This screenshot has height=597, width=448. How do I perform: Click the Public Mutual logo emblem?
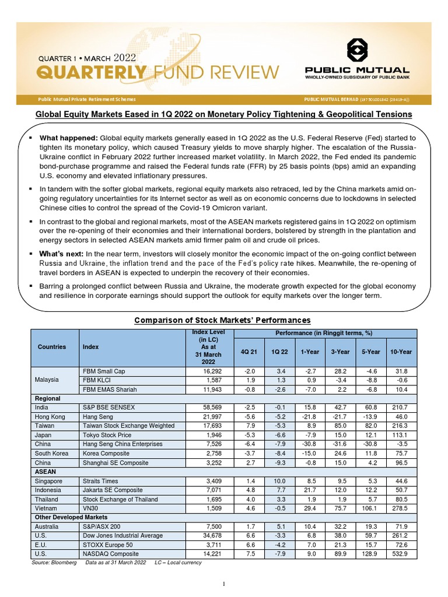pos(356,50)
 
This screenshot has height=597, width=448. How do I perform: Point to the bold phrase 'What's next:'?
pos(62,254)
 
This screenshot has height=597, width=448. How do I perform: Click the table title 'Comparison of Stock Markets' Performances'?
pos(222,320)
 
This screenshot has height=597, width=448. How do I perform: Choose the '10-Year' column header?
pos(401,352)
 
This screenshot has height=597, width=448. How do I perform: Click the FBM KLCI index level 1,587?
pos(211,380)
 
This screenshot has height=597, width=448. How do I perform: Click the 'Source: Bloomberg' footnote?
pos(54,563)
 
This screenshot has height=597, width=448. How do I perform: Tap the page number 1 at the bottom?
pos(224,584)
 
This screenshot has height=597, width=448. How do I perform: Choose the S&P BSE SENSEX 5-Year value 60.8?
pos(370,407)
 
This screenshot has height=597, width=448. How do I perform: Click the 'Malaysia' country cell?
pos(47,380)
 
